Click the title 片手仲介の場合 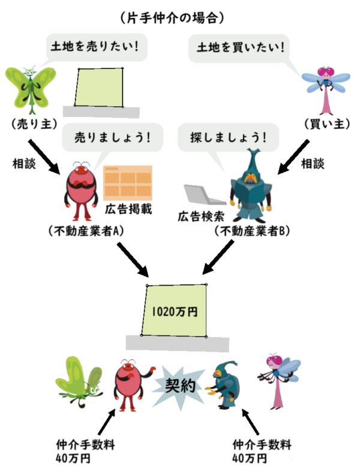172,17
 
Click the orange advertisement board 128,182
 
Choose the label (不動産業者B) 252,231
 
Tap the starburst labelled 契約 178,384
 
